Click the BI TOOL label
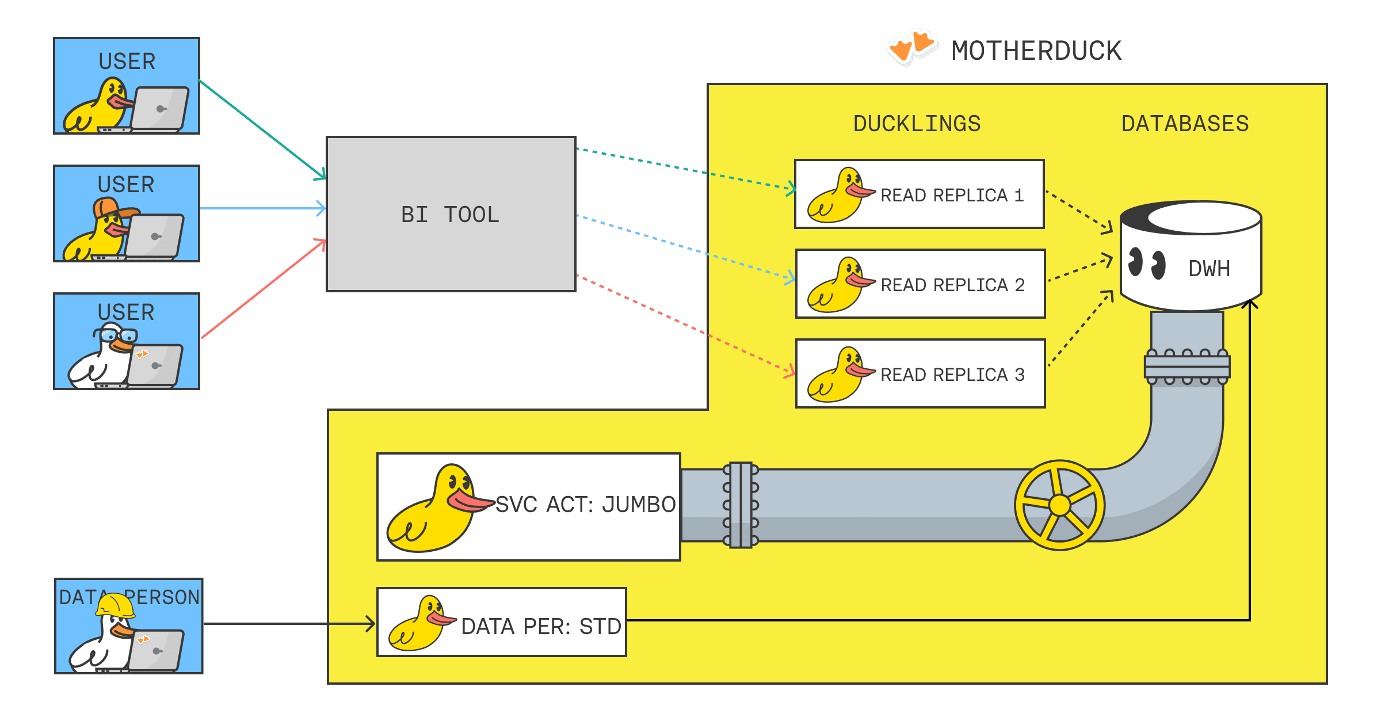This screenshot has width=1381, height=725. [450, 215]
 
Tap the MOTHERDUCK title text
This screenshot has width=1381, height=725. [1036, 51]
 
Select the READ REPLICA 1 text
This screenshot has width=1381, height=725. [952, 196]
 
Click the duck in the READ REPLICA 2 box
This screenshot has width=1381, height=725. [838, 285]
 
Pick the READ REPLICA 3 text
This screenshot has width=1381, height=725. [952, 375]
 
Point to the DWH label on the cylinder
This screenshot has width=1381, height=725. [1209, 269]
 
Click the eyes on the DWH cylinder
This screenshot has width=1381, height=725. [1146, 263]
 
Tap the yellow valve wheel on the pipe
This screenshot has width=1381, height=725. [1059, 505]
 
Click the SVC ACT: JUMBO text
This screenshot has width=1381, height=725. [585, 505]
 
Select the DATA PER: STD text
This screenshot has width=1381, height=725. [541, 627]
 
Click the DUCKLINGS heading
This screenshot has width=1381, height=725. [917, 124]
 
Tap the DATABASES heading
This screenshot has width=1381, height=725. [1185, 124]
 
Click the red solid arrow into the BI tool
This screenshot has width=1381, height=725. [262, 289]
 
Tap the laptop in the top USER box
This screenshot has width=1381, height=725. [159, 108]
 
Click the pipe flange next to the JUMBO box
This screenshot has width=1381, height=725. [741, 505]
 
